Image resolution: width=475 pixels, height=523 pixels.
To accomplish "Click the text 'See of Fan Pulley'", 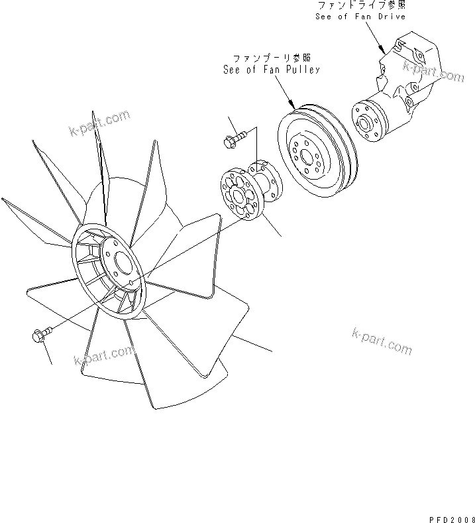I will coord(271,69).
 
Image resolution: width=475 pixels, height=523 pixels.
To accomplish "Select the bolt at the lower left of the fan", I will coord(39,337).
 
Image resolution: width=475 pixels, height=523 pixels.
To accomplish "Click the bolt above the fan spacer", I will coord(233,139).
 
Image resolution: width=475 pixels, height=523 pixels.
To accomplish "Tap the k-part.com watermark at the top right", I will coord(433,70).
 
